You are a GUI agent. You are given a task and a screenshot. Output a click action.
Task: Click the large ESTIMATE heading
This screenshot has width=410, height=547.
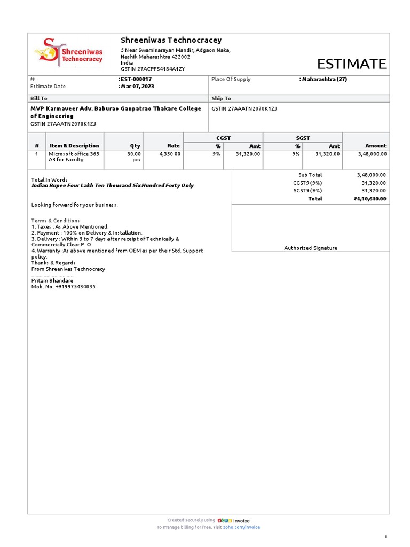point(351,65)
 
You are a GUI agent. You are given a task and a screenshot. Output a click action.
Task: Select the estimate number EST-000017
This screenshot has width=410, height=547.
point(136,79)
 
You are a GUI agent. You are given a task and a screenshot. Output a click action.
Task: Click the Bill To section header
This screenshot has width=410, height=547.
point(39,99)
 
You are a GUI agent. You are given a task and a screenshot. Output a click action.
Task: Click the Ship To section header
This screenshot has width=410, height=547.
point(221,99)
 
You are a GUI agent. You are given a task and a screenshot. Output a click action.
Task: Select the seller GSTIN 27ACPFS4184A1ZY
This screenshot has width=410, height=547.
point(154,69)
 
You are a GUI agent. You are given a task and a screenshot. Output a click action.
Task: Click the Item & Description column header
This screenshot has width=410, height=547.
point(74,146)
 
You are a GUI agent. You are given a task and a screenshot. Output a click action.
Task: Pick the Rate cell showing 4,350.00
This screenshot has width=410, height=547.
point(170,154)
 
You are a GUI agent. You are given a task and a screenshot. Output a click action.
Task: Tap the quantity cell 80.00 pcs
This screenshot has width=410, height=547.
point(133,157)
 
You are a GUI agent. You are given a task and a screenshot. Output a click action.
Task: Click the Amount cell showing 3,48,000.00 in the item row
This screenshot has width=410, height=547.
point(372,154)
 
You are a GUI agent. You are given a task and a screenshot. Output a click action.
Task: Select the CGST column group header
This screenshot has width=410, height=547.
point(223,138)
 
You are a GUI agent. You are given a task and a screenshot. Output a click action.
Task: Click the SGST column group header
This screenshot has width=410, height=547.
point(303,138)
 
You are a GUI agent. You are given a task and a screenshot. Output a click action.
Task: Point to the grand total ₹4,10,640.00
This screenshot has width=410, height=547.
point(369,199)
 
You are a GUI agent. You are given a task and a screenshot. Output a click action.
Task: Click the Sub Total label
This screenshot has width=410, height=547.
point(310,175)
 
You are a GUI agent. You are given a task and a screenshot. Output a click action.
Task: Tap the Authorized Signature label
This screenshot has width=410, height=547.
point(310,248)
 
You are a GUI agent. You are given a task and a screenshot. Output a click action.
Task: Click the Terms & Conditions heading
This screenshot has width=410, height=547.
point(56,221)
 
